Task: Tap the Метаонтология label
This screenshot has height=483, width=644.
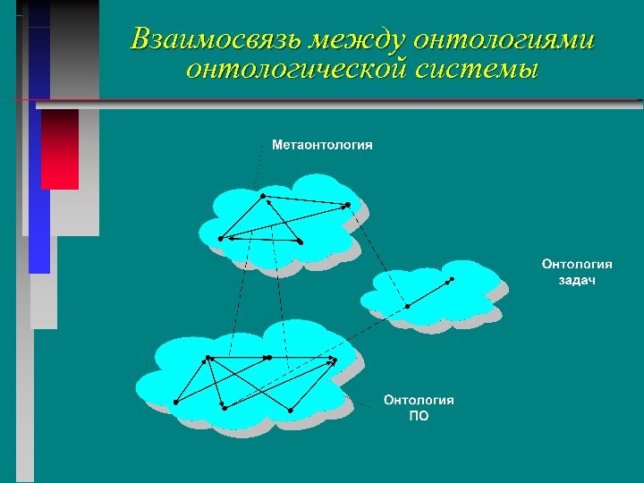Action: pyautogui.click(x=322, y=145)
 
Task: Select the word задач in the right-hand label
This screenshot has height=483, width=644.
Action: pyautogui.click(x=577, y=280)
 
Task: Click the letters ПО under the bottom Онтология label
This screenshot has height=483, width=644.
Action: pyautogui.click(x=419, y=416)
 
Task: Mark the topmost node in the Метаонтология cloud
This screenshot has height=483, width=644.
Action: pyautogui.click(x=260, y=194)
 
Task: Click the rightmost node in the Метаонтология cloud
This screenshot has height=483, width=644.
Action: pyautogui.click(x=347, y=205)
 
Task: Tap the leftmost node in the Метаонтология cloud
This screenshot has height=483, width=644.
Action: pyautogui.click(x=220, y=238)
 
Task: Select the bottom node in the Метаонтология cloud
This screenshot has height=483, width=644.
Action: pyautogui.click(x=301, y=241)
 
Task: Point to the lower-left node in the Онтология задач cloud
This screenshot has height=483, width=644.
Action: pyautogui.click(x=407, y=306)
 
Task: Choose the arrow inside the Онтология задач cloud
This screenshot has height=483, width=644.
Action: pyautogui.click(x=429, y=292)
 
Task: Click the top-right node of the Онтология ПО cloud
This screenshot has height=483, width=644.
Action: pyautogui.click(x=335, y=359)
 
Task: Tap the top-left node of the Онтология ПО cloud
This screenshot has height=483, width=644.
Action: pyautogui.click(x=208, y=358)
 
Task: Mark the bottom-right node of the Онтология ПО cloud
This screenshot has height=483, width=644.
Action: pyautogui.click(x=291, y=409)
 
